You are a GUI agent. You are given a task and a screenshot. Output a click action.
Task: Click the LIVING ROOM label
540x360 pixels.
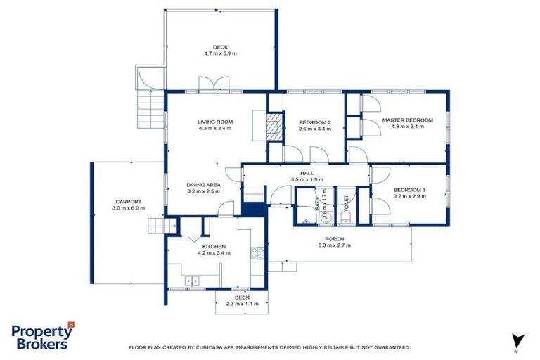tap(215, 122)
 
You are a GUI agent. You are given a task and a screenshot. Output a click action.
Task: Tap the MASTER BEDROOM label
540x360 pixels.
tap(408, 120)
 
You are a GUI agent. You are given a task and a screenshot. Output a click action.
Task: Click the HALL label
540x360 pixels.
tap(307, 173)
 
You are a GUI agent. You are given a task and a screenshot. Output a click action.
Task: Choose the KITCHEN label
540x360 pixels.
tap(214, 247)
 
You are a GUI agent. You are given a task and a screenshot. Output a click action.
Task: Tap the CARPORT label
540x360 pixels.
tap(127, 201)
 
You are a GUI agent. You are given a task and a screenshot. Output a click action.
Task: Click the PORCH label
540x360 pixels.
tap(334, 239)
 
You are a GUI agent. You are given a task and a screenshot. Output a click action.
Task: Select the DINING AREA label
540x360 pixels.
tap(204, 184)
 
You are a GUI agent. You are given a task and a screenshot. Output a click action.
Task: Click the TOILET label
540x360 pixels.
tap(346, 205)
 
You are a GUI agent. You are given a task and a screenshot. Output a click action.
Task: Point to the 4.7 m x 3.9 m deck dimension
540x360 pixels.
tap(220, 53)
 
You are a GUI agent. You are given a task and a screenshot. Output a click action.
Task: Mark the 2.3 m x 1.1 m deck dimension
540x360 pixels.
tap(242, 304)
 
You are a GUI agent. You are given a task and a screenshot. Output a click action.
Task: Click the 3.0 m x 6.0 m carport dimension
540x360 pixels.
tap(127, 208)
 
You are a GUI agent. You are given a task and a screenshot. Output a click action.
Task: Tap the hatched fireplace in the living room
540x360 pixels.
tap(276, 127)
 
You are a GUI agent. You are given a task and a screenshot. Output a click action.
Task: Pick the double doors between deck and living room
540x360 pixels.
tap(213, 84)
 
